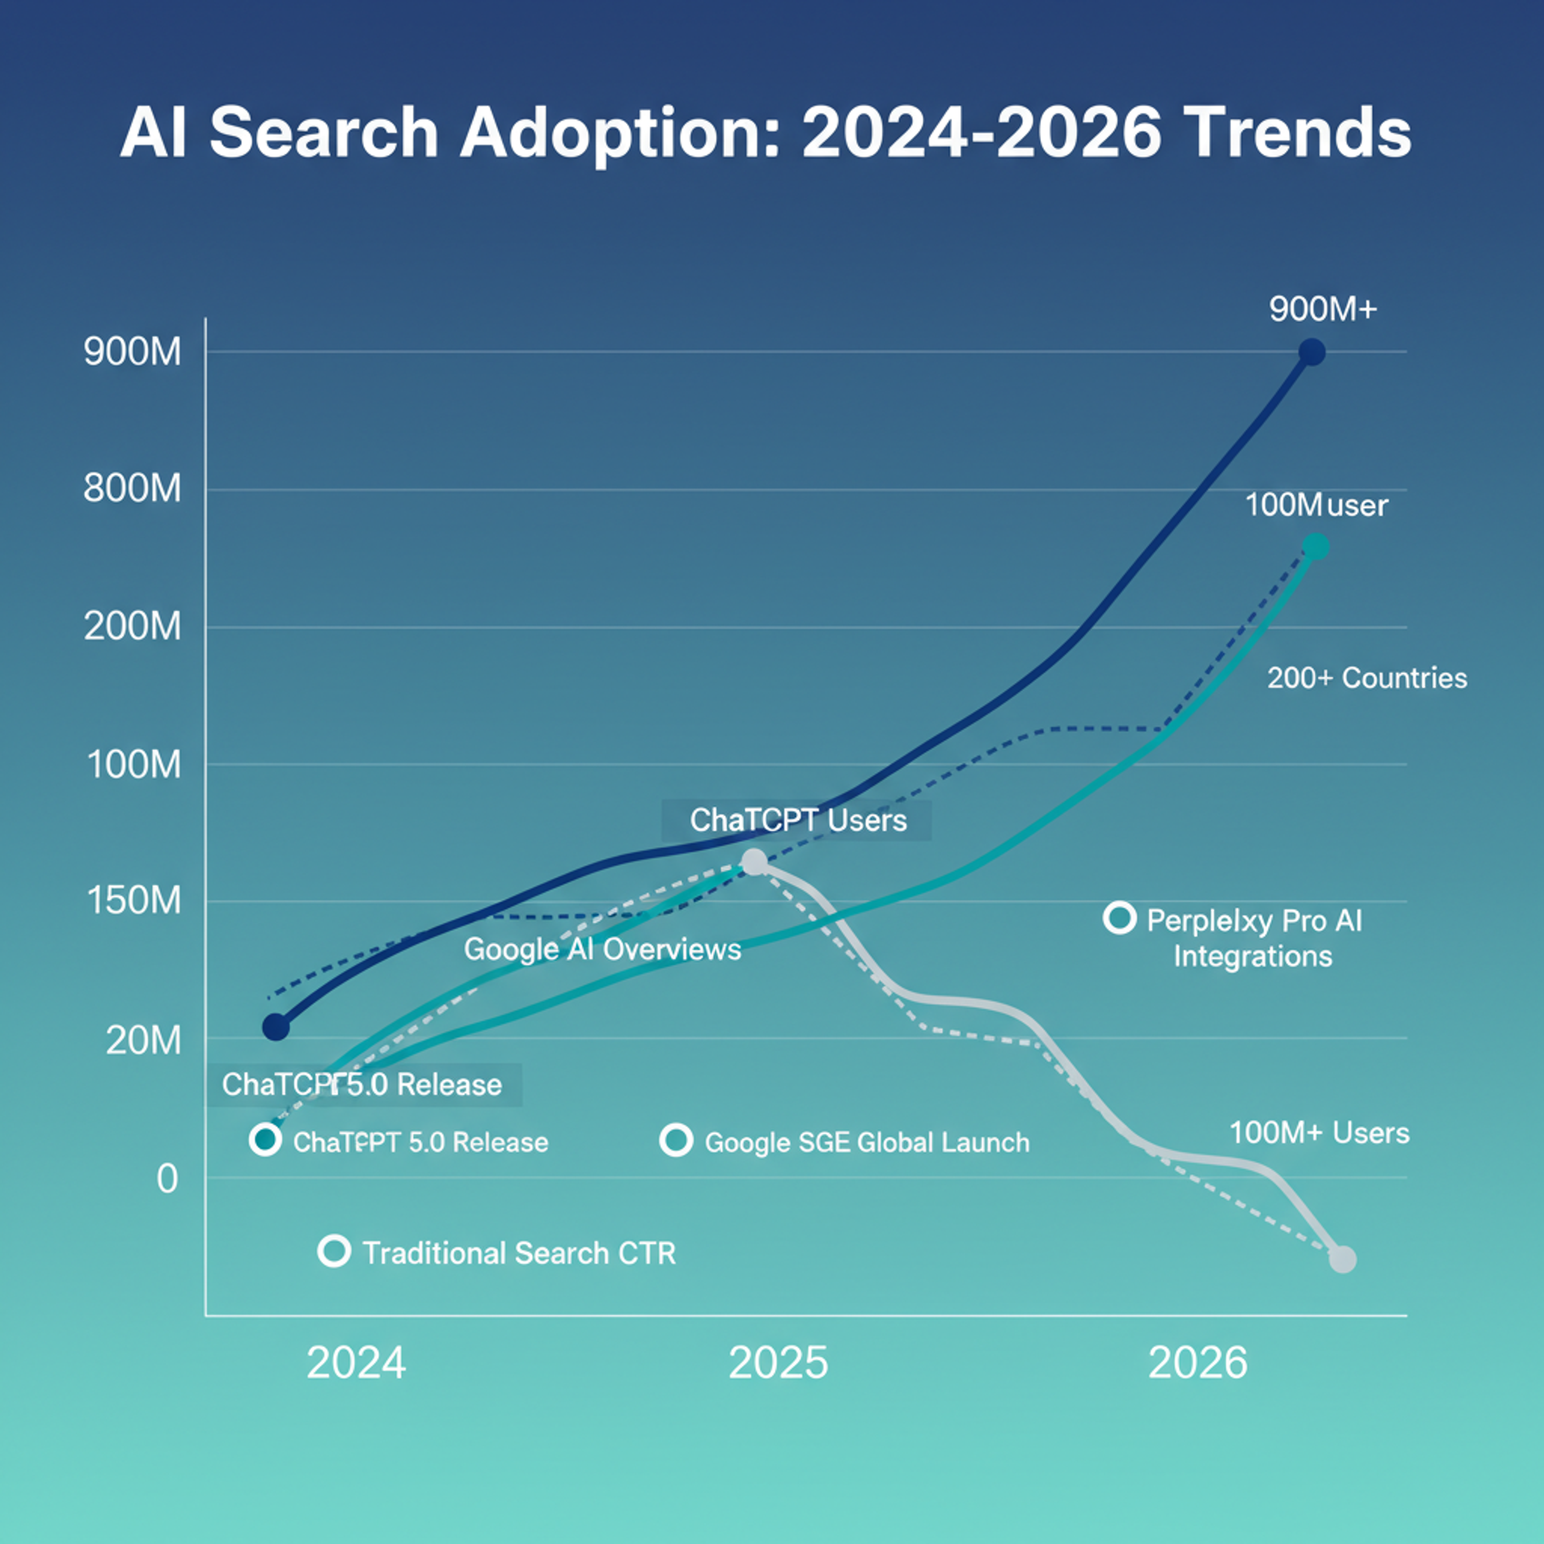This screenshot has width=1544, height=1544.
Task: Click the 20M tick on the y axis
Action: coord(144,1040)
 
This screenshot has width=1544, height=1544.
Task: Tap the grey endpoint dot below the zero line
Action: coord(1343,1259)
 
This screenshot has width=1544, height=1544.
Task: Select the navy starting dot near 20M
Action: coord(276,1027)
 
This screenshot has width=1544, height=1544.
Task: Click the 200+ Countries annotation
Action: coord(1367,678)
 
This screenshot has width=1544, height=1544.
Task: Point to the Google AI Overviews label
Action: coord(603,949)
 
